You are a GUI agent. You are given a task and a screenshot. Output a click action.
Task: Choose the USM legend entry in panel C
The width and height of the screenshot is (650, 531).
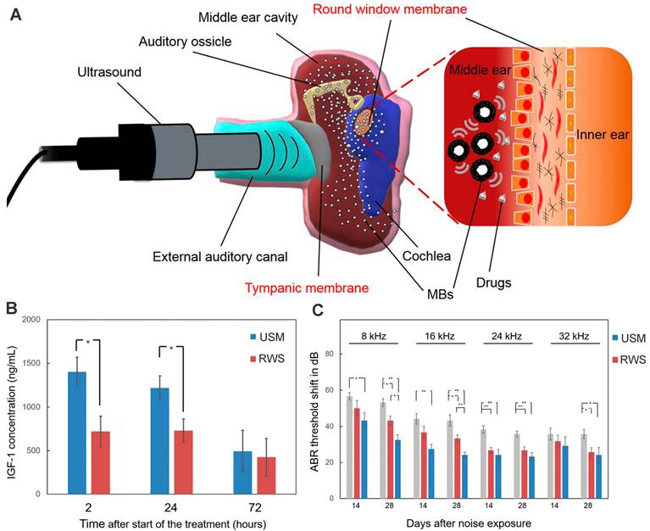click(x=626, y=338)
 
